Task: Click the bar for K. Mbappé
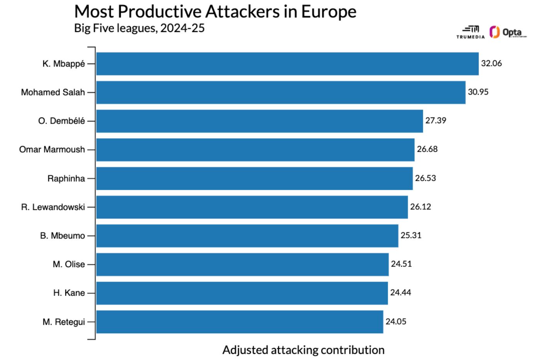point(287,64)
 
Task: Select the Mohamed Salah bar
point(281,92)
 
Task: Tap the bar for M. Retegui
point(240,322)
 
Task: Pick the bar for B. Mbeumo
point(247,236)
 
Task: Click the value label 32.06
point(491,63)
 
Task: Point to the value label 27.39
point(436,121)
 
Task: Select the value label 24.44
point(400,293)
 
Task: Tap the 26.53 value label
point(425,178)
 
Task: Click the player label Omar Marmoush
point(52,149)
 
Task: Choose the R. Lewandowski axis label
point(53,207)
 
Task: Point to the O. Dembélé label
point(61,121)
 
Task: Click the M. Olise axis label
point(69,264)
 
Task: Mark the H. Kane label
point(69,293)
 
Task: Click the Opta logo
point(507,32)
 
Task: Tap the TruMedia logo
point(470,32)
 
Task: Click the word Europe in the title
point(328,12)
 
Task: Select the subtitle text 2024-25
point(182,28)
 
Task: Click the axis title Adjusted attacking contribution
point(303,350)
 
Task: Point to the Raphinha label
point(66,178)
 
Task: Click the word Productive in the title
point(160,12)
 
